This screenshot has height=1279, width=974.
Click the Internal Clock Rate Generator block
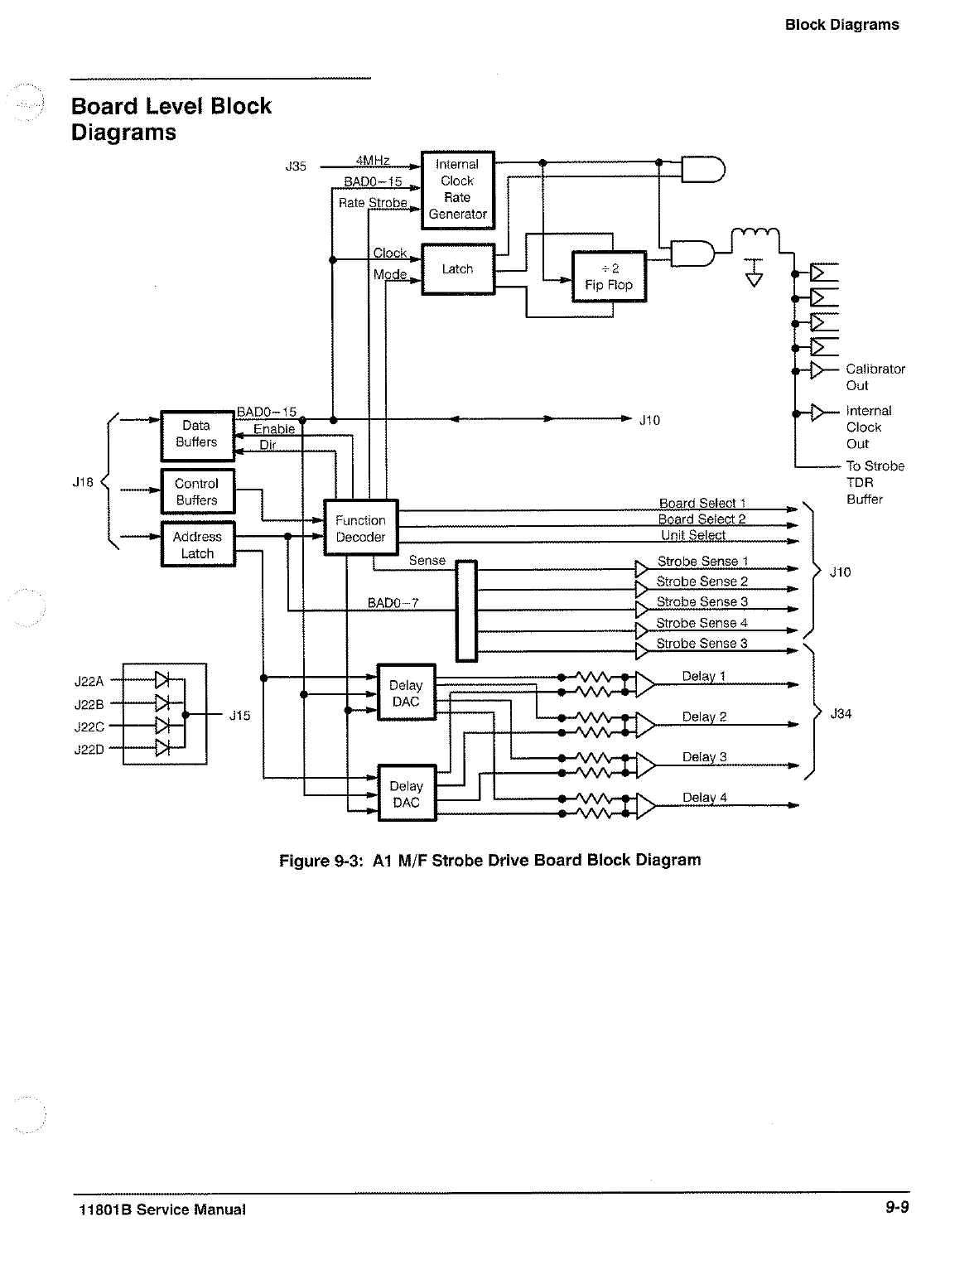point(457,190)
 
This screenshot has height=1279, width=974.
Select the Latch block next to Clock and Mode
point(457,269)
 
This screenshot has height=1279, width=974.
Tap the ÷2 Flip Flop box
point(609,277)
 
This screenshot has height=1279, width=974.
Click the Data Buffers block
point(197,434)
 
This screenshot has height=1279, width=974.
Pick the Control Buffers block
point(197,492)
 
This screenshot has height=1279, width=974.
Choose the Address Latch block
point(197,545)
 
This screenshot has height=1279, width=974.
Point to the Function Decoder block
point(360,528)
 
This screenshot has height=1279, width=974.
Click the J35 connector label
point(296,167)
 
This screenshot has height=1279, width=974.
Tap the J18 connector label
point(84,482)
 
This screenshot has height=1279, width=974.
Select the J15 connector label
point(239,716)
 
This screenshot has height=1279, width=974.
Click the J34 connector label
point(841,713)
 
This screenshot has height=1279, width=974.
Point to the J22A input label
point(89,682)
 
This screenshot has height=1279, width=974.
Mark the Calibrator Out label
point(875,377)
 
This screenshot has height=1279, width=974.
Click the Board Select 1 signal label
point(702,503)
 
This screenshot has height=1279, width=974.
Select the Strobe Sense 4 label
point(702,623)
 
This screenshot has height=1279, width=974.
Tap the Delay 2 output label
point(704,717)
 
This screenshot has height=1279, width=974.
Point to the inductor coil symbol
point(755,235)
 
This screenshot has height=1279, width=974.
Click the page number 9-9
point(895,1207)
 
